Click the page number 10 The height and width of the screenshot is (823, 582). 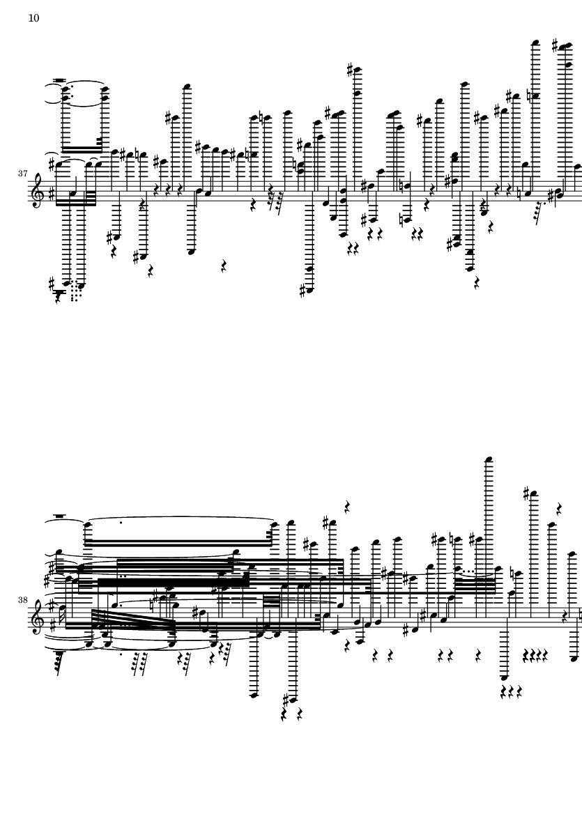click(33, 18)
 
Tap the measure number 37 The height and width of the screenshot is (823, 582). click(22, 174)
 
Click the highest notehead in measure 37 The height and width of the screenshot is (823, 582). click(535, 43)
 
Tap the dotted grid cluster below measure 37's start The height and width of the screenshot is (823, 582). click(77, 292)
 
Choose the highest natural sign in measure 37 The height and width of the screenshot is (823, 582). click(530, 95)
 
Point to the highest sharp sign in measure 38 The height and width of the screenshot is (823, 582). click(526, 493)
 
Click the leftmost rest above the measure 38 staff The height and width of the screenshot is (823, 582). click(347, 507)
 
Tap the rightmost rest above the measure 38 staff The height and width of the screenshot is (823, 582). click(560, 509)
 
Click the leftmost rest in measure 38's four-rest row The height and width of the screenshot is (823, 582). click(526, 654)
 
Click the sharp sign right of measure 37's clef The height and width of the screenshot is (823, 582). click(50, 197)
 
